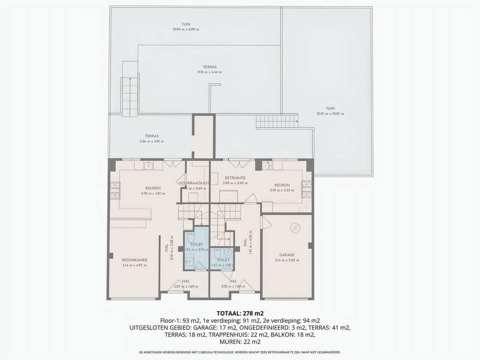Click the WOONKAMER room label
pyautogui.click(x=134, y=260)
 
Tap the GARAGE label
pyautogui.click(x=287, y=255)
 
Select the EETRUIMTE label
pyautogui.click(x=235, y=178)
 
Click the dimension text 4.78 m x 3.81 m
pyautogui.click(x=153, y=194)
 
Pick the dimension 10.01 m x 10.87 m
pyautogui.click(x=330, y=114)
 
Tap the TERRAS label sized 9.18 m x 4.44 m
pyautogui.click(x=209, y=67)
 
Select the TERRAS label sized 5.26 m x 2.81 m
pyautogui.click(x=152, y=136)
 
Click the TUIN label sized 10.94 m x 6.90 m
pyautogui.click(x=186, y=24)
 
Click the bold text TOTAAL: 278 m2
pyautogui.click(x=240, y=313)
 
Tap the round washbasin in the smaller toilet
pyautogui.click(x=228, y=252)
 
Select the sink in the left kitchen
pyautogui.click(x=148, y=165)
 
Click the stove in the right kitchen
pyautogui.click(x=307, y=190)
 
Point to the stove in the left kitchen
pyautogui.click(x=115, y=190)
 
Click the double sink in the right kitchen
pyautogui.click(x=267, y=165)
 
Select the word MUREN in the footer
pyautogui.click(x=229, y=342)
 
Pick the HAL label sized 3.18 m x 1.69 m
pyautogui.click(x=233, y=281)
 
